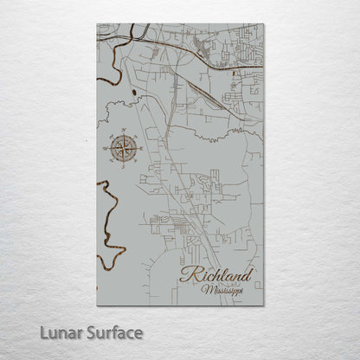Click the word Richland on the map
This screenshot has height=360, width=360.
pos(216,277)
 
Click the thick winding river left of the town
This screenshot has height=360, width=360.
pos(106,216)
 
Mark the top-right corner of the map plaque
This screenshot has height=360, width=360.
pos(263,25)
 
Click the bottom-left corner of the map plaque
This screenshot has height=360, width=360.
pos(98,305)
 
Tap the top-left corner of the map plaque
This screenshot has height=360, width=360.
pos(98,25)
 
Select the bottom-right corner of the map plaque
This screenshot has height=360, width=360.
pos(263,305)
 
